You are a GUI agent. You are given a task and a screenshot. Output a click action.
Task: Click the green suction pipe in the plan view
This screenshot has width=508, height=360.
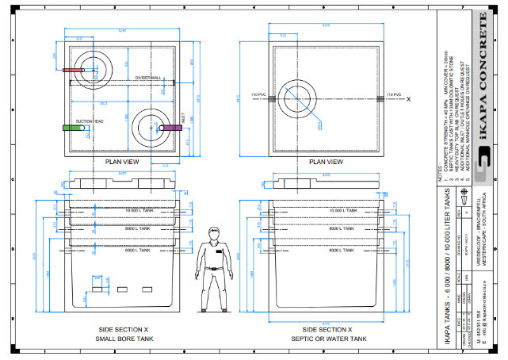point(74,128)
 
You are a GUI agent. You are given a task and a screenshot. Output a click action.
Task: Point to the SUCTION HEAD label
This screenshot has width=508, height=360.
point(90,121)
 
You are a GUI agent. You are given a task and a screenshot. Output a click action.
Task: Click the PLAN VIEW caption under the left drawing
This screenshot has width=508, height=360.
point(123,162)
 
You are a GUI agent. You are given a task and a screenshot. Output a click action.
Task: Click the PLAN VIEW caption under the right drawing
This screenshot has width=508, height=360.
point(327,162)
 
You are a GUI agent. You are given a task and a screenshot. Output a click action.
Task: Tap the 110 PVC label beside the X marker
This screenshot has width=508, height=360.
point(394,95)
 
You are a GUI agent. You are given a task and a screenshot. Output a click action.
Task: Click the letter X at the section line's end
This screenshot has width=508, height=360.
point(409,100)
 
